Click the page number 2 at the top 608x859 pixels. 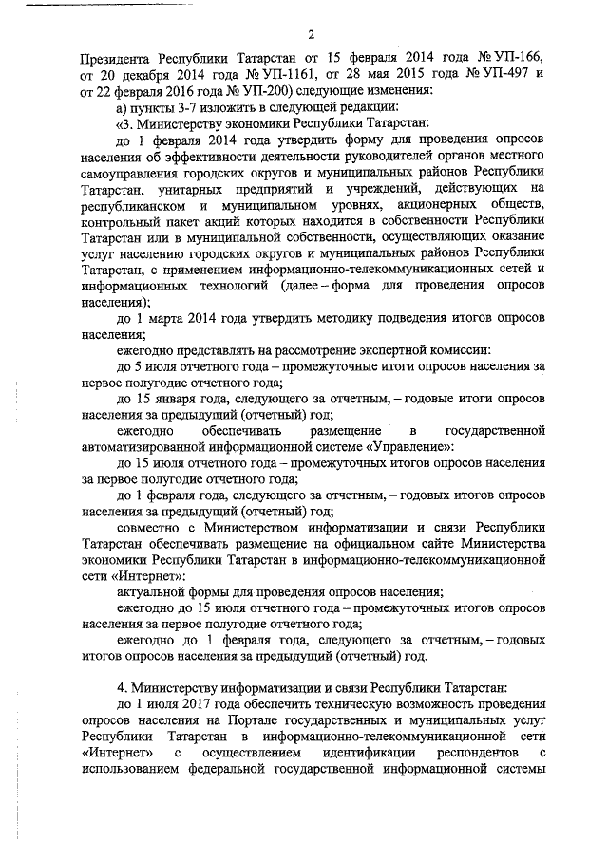coord(311,35)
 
